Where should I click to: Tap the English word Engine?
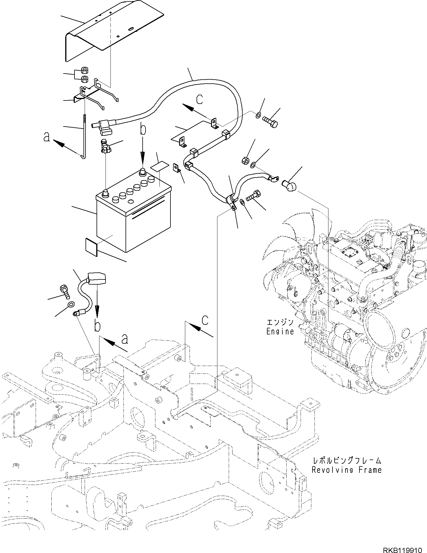(x=280, y=332)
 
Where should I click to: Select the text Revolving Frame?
(x=346, y=470)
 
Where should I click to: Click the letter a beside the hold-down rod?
(x=46, y=137)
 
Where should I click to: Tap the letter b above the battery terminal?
(x=142, y=129)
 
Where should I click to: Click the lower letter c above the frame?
(x=205, y=320)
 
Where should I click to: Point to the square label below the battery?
(x=91, y=247)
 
